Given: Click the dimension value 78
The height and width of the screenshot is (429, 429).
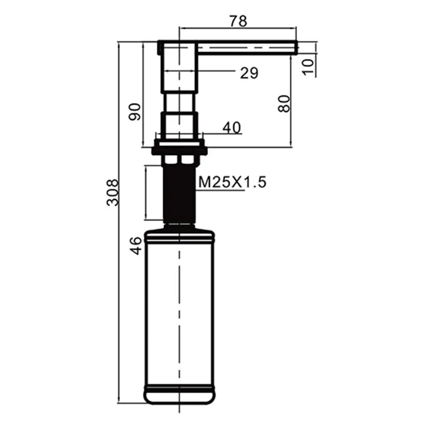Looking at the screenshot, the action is (238, 21).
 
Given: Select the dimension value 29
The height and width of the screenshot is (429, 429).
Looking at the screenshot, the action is (249, 73).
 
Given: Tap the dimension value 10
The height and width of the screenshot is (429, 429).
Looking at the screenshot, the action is (308, 66).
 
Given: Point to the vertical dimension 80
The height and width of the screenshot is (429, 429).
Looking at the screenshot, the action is (284, 103).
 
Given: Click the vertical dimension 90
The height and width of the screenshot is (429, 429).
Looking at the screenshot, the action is (135, 112).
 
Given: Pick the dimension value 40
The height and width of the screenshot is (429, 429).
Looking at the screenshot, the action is (232, 128).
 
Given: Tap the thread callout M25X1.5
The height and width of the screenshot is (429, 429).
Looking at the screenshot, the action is (232, 182).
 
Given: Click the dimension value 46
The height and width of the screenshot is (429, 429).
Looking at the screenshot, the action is (136, 245).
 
